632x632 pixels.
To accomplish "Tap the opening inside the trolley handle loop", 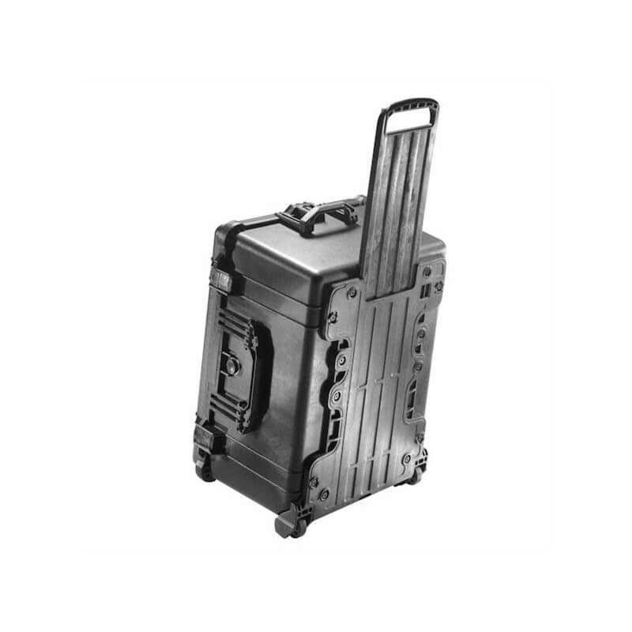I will (x=409, y=119).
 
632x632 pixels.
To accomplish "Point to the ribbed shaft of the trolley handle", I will (x=399, y=197).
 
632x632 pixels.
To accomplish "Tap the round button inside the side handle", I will (x=232, y=365).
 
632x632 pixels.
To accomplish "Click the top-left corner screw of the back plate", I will (x=352, y=293).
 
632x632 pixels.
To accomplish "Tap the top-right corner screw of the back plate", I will (x=427, y=271).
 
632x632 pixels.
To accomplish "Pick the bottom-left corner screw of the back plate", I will (x=323, y=494).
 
